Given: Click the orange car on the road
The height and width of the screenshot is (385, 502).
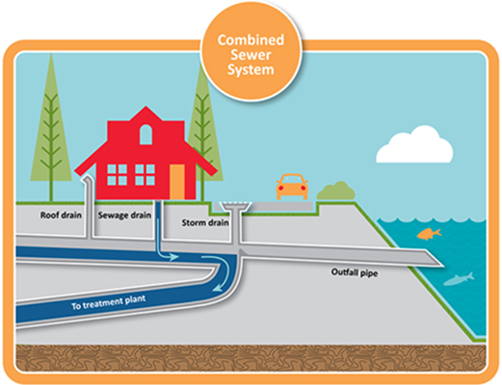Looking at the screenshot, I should tap(293, 185).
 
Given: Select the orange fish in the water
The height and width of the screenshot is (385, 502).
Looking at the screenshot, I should tap(424, 233).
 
